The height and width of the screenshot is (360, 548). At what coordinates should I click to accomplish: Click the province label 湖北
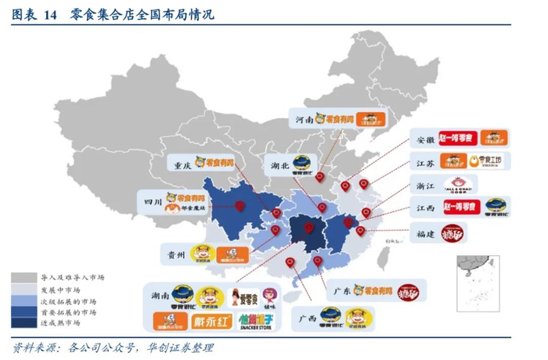281,167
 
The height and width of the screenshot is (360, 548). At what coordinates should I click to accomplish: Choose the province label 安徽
425,139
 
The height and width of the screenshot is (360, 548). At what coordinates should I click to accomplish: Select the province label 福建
425,232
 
